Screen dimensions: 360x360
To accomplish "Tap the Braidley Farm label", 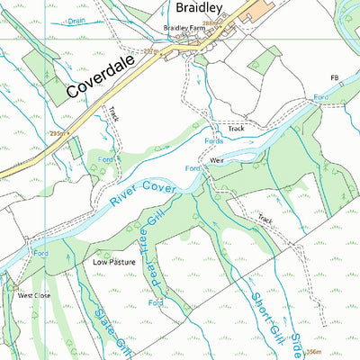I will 184,29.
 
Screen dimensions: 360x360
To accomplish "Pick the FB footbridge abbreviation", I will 337,79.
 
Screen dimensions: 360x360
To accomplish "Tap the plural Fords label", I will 214,141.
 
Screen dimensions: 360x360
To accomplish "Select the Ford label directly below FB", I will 321,95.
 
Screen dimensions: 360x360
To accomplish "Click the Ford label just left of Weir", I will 193,168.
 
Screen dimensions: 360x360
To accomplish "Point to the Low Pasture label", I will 114,262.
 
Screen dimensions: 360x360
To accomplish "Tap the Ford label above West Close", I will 40,255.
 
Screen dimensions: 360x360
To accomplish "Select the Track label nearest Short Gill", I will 265,219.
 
